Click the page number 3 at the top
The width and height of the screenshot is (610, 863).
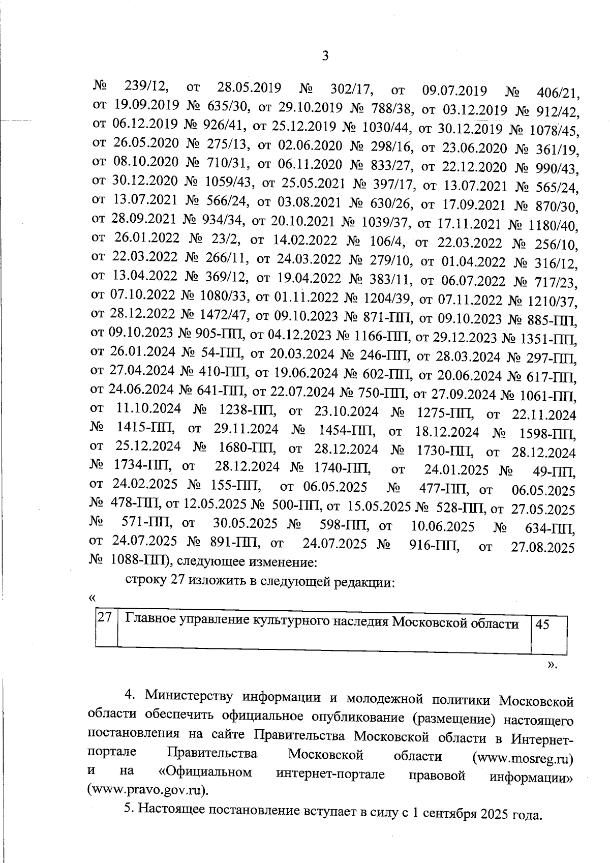pos(325,55)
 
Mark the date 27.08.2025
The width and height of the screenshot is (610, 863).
pos(542,547)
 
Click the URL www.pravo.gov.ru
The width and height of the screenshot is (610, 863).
pos(147,790)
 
